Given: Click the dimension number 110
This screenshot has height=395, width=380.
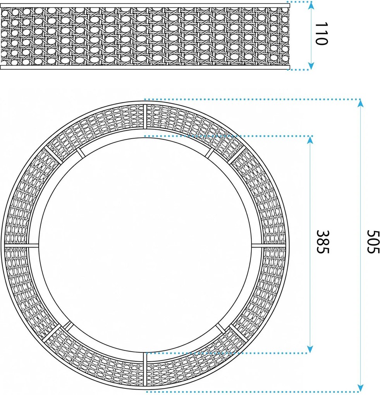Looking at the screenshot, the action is [x=321, y=34].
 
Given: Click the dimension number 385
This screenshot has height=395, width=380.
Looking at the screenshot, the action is [x=323, y=242].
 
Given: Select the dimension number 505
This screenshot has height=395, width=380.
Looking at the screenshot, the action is [x=373, y=242].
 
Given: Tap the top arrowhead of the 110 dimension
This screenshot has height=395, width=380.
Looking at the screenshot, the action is [x=311, y=5].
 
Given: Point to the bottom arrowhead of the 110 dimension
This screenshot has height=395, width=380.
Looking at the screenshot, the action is [x=311, y=66].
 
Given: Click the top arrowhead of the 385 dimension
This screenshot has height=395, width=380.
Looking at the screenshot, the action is [x=310, y=140].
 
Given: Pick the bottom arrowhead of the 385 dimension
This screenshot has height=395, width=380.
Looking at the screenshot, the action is [x=310, y=349].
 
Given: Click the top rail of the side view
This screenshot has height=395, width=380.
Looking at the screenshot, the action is [x=145, y=5].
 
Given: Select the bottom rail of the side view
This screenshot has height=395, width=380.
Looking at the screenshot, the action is [x=145, y=67].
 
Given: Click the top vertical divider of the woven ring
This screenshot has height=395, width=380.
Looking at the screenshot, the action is [x=145, y=117].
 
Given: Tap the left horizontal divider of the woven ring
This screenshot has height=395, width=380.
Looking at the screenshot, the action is [x=22, y=245].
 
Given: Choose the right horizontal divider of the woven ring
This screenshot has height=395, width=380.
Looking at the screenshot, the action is [x=268, y=245].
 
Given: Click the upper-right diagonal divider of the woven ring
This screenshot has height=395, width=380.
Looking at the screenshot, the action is [x=237, y=155].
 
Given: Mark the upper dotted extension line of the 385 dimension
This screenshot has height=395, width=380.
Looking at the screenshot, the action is [x=229, y=136].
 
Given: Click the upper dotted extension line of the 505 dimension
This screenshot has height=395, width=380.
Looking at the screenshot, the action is [x=253, y=99].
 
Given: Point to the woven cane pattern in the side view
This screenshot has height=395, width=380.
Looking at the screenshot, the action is [x=145, y=36].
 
